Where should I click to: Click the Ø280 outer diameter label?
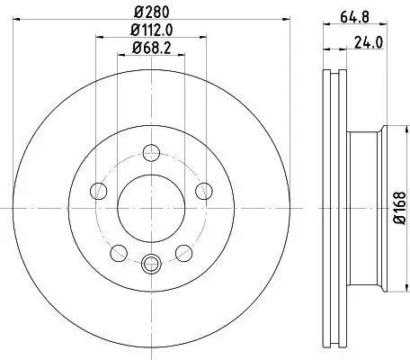[x=150, y=13]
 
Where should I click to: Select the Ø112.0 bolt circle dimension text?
[x=150, y=32]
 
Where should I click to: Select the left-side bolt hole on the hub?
[x=98, y=190]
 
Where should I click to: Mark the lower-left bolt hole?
[x=118, y=251]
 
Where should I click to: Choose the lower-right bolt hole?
[x=183, y=251]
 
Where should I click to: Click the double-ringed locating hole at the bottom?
[x=150, y=263]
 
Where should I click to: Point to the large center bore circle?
[x=150, y=203]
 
